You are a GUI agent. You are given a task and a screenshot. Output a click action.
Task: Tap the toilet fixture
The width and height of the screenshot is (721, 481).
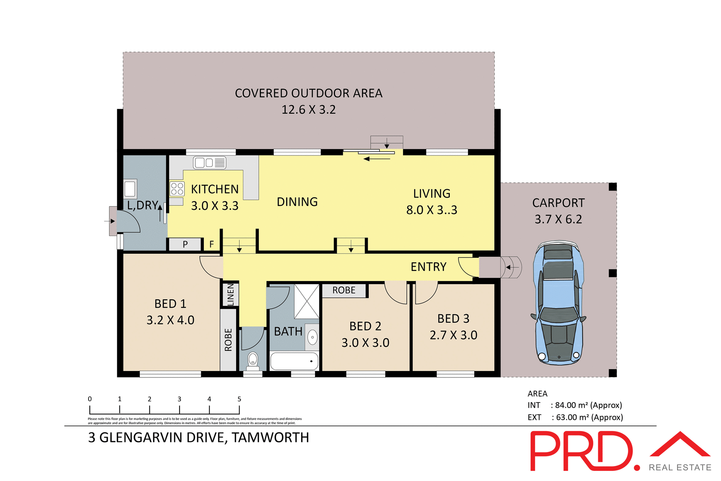click(253, 360)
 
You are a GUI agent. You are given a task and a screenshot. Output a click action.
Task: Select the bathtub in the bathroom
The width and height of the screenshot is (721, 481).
click(294, 361)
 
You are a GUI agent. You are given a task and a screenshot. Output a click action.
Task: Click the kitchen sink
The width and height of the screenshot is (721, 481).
click(210, 162)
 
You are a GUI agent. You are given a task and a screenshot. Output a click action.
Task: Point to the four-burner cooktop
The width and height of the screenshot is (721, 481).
click(177, 189)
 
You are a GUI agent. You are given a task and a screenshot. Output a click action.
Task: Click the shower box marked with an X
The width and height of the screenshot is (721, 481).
click(306, 301)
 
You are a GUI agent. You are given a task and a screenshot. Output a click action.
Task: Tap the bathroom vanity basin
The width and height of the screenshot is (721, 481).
click(312, 337)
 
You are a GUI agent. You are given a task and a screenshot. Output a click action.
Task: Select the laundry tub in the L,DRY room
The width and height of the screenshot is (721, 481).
click(130, 188)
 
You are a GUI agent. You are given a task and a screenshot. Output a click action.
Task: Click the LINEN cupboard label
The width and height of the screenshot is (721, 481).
click(231, 294)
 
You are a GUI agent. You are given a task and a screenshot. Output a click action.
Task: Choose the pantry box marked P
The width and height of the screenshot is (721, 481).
click(185, 244)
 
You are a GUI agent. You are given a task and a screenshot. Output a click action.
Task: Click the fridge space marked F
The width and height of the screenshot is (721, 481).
click(212, 244)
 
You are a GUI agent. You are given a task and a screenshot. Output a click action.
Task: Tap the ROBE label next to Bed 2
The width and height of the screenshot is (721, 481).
click(344, 290)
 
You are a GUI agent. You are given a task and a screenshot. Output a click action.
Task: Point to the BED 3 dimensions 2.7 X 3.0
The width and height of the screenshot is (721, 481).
click(453, 335)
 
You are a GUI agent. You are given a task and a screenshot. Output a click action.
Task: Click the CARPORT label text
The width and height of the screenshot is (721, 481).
click(558, 203)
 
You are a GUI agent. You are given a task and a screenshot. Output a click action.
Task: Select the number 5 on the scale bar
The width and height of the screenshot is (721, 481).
click(239, 399)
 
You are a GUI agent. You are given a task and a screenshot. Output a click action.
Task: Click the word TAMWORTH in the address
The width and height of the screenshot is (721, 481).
click(270, 438)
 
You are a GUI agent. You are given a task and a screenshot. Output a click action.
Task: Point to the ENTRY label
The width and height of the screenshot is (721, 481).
click(428, 267)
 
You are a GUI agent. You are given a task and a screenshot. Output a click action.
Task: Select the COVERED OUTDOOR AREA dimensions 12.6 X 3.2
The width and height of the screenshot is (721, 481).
click(309, 110)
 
